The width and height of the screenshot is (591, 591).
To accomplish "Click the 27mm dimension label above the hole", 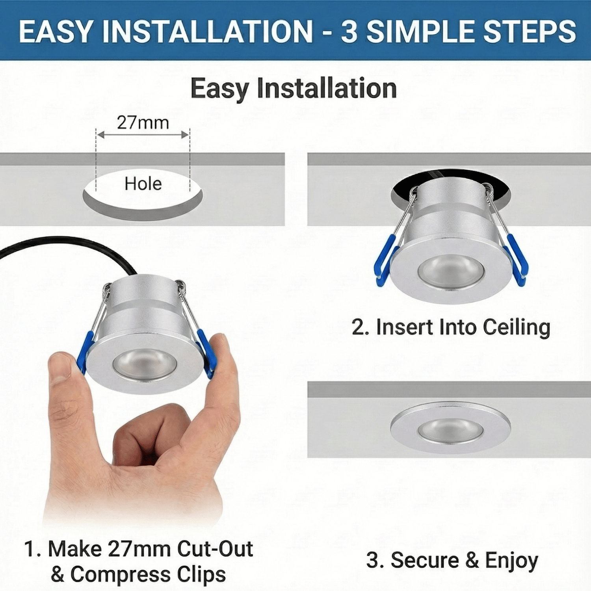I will (x=143, y=123).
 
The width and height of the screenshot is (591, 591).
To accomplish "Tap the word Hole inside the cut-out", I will (x=143, y=184).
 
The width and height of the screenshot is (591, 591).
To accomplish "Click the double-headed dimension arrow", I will (x=143, y=135).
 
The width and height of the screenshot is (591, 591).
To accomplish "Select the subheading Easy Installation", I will (x=294, y=88).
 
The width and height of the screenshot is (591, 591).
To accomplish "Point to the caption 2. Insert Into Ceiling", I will (x=451, y=327).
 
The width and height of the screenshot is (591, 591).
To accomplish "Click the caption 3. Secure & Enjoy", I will (x=452, y=560).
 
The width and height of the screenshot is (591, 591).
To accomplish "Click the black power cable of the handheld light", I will (x=79, y=244).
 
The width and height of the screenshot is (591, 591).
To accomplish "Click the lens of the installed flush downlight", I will (x=450, y=430).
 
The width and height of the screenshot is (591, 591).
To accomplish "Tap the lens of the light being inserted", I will (x=450, y=271).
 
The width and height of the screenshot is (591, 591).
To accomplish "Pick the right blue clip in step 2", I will (x=517, y=260).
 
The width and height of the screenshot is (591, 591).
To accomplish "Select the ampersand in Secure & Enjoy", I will (x=472, y=560).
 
